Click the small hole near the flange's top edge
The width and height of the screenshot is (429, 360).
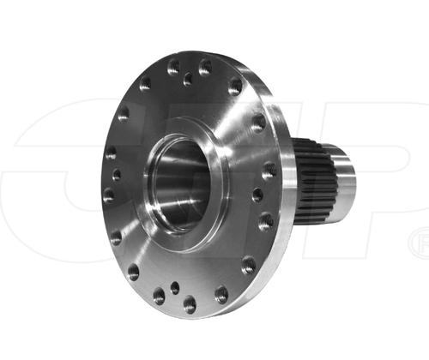(187, 79)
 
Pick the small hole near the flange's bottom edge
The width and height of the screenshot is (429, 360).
(174, 288)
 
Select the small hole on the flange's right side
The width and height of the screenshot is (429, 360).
(257, 195)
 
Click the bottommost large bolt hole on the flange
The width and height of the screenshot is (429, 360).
(190, 303)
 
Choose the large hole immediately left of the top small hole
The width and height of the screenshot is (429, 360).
(173, 66)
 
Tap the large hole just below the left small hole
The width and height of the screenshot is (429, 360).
(109, 195)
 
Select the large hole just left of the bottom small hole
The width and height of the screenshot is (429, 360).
(159, 296)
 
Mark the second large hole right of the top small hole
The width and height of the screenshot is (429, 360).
(235, 86)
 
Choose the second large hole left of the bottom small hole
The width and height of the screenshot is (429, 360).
(133, 273)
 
